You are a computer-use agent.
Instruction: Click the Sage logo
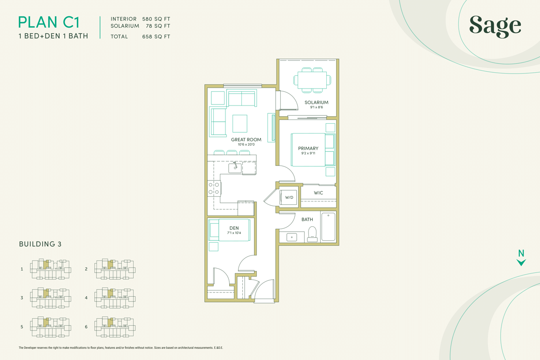[x=495, y=26]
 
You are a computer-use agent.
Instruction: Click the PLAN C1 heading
[x=49, y=22]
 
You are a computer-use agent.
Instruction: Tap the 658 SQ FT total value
[x=156, y=37]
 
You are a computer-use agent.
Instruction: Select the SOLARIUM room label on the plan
[x=316, y=102]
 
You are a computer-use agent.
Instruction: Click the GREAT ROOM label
[x=246, y=140]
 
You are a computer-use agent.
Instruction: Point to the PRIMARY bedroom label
[x=308, y=149]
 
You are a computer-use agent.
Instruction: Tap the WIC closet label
[x=318, y=193]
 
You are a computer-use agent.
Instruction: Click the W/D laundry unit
[x=289, y=197]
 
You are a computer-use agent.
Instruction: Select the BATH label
[x=307, y=219]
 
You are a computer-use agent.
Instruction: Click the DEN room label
[x=234, y=228]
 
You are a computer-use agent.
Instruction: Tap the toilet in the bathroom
[x=312, y=234]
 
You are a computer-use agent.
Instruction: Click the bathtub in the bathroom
[x=328, y=227]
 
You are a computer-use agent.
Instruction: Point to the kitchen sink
[x=235, y=168]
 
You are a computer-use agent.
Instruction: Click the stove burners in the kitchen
[x=214, y=188]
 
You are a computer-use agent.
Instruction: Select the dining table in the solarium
[x=312, y=80]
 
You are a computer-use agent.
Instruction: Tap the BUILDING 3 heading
[x=40, y=244]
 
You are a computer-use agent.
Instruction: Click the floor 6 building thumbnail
[x=115, y=327]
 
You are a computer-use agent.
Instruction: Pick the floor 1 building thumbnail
[x=51, y=269]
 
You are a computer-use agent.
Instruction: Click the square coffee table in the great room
[x=240, y=124]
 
